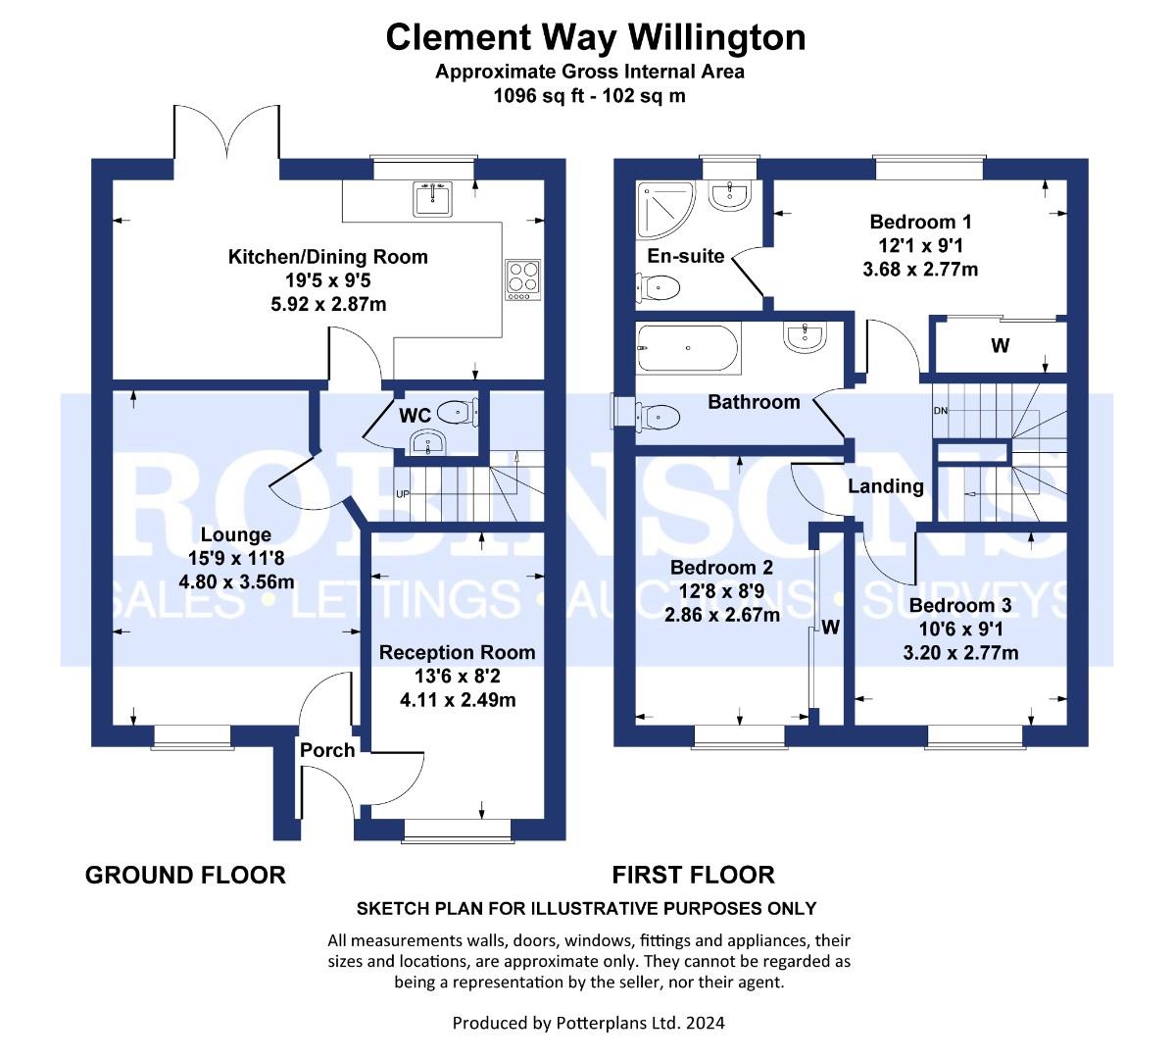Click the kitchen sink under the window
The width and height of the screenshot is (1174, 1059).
pyautogui.click(x=432, y=199)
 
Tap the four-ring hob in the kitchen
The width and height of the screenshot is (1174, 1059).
pyautogui.click(x=521, y=278)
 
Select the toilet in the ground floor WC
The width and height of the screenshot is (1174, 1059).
pyautogui.click(x=456, y=411)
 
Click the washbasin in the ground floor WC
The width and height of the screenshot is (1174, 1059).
pyautogui.click(x=428, y=444)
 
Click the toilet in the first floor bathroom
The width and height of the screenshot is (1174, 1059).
pyautogui.click(x=658, y=417)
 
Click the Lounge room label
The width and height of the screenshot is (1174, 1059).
pyautogui.click(x=235, y=534)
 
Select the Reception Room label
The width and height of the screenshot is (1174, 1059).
pyautogui.click(x=458, y=652)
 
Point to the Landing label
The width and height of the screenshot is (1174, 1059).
pyautogui.click(x=885, y=486)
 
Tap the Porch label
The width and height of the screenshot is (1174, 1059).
pyautogui.click(x=327, y=750)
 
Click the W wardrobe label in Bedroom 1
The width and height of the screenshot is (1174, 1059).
pyautogui.click(x=1000, y=346)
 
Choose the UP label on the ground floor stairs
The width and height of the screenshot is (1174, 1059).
pyautogui.click(x=402, y=493)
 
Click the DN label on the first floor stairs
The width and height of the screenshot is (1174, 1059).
pyautogui.click(x=941, y=410)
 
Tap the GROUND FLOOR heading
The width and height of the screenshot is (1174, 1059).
pyautogui.click(x=185, y=875)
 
